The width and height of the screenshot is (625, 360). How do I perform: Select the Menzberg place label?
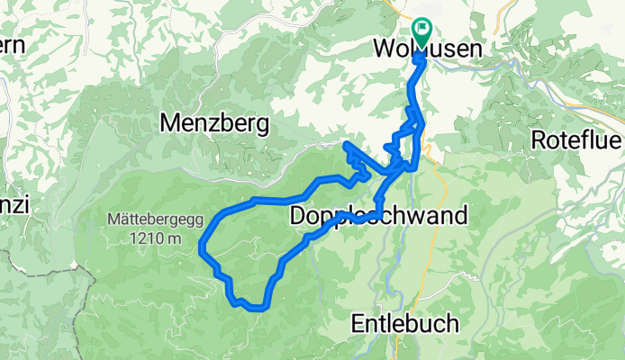pyautogui.click(x=214, y=124)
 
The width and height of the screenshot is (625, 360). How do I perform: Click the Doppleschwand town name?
pyautogui.click(x=379, y=217)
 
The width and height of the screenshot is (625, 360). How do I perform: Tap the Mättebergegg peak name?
pyautogui.click(x=155, y=218)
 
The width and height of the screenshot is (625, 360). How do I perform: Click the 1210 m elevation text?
pyautogui.click(x=155, y=238)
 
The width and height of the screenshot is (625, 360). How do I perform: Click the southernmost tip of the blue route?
pyautogui.click(x=254, y=308)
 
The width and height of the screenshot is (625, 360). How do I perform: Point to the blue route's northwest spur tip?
pyautogui.click(x=347, y=144)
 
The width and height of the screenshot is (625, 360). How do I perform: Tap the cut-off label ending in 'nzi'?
pyautogui.click(x=14, y=205)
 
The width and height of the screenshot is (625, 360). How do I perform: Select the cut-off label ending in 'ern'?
pyautogui.click(x=11, y=44)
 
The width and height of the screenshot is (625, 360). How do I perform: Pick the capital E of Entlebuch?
pyautogui.click(x=354, y=323)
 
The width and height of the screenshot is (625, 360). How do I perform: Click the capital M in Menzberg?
pyautogui.click(x=170, y=124)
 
